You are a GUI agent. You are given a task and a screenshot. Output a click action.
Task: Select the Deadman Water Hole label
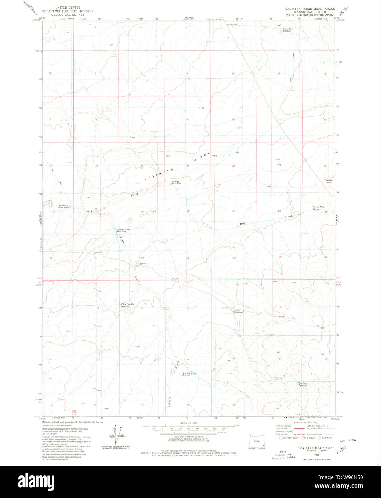pos(63,206)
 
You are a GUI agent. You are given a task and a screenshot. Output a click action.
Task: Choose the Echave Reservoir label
pos(238,312)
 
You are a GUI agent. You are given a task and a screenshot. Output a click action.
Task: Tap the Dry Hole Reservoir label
pos(186,374)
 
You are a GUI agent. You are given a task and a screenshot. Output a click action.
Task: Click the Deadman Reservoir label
pos(303,384)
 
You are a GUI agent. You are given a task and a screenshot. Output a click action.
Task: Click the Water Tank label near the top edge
pos(233,24)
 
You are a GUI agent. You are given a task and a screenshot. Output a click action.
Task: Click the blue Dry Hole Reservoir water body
pos(192,373)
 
